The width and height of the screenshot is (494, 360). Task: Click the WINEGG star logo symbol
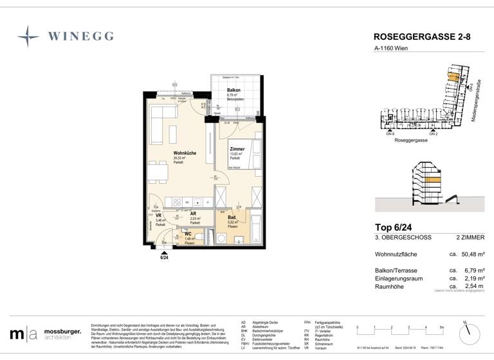click(28, 36)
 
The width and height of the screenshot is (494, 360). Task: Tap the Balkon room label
click(233, 90)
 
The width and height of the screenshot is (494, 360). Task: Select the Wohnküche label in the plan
click(185, 152)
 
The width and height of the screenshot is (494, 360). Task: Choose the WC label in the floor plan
click(188, 234)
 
